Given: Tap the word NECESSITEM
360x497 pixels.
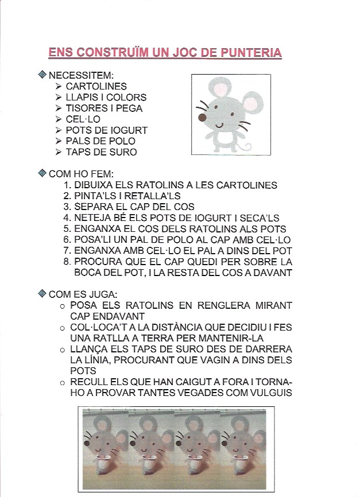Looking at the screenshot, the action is click(x=81, y=75).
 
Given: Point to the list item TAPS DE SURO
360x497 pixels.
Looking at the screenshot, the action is click(x=102, y=152).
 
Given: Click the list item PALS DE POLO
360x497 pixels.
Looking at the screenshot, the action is click(x=100, y=141).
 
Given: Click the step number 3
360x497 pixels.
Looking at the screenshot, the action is click(x=67, y=207).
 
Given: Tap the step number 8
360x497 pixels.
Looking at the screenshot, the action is click(x=67, y=262).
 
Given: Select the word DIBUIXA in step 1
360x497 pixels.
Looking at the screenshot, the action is click(x=94, y=185).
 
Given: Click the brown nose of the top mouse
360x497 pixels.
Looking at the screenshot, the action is click(x=202, y=118).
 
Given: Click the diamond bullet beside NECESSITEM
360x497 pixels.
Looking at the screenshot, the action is click(x=41, y=75).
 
